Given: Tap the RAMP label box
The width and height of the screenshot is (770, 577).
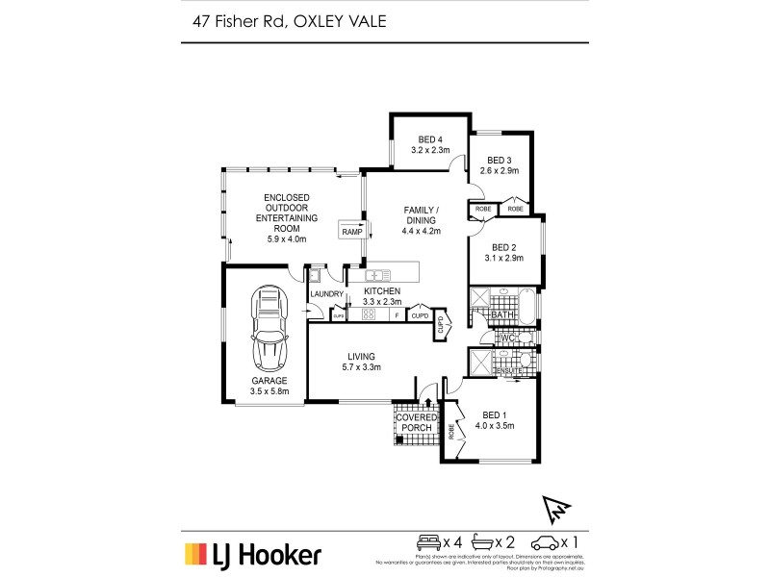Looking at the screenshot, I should (350, 231).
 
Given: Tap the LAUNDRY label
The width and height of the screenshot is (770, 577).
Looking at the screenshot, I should (326, 293).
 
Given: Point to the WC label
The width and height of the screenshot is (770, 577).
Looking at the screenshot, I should (508, 338).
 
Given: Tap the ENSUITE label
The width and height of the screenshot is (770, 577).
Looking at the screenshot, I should (507, 370).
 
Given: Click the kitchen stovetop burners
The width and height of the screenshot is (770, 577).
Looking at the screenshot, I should (368, 314).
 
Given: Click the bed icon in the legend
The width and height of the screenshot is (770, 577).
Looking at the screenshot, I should (427, 540).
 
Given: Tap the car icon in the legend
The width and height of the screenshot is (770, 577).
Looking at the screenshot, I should (547, 540).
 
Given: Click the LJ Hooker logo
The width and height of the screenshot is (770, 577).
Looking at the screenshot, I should (253, 554).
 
